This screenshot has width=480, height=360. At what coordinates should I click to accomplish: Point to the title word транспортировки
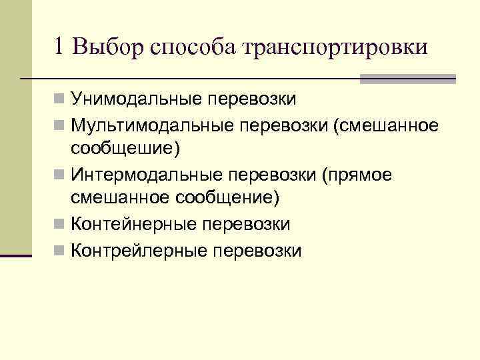[x=335, y=48]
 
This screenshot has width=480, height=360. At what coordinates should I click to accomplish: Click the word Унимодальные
[x=137, y=100]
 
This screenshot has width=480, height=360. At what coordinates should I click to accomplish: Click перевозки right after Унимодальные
[x=253, y=100]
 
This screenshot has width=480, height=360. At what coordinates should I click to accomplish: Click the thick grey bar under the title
[x=407, y=79]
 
